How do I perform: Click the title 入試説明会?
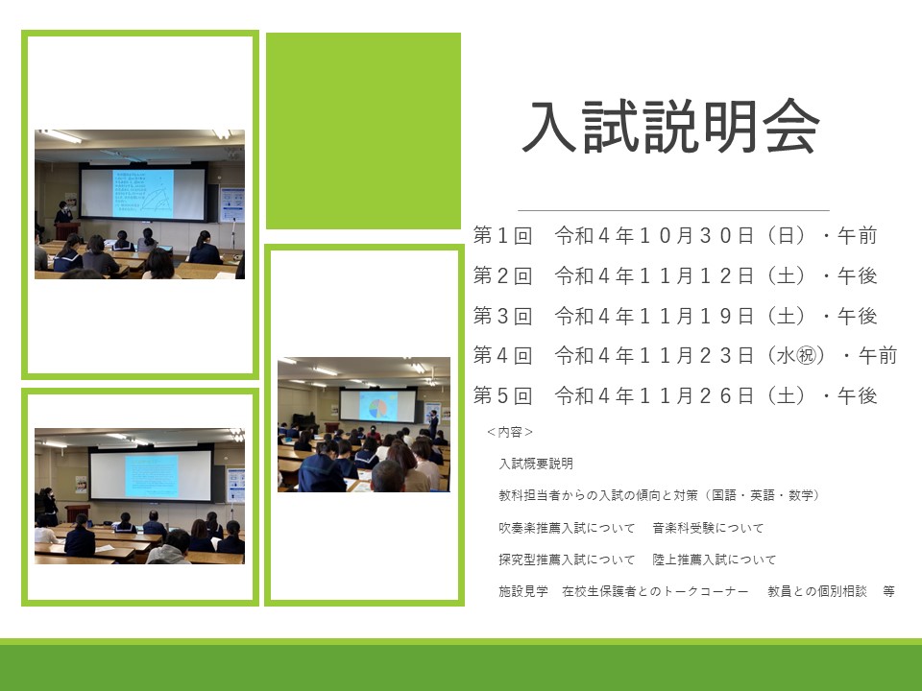(x=671, y=127)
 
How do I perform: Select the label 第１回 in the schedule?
(x=502, y=236)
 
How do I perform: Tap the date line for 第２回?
(x=675, y=275)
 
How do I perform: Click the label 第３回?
(x=502, y=316)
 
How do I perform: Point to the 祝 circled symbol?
(x=806, y=355)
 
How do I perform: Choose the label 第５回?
(x=502, y=396)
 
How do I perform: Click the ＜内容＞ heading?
(x=510, y=432)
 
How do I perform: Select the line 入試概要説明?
(x=536, y=464)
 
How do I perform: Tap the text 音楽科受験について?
(x=708, y=528)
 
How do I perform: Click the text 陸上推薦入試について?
(x=715, y=560)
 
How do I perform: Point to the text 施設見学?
(x=523, y=591)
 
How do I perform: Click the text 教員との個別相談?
(x=817, y=591)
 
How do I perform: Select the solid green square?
(x=363, y=131)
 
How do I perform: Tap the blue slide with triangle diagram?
(x=143, y=194)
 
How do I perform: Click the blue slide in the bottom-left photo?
(x=151, y=477)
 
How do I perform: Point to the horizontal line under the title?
(x=673, y=210)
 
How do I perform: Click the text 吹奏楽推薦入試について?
(x=567, y=528)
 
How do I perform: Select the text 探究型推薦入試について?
(x=567, y=560)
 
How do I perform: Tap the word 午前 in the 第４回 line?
(x=878, y=355)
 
